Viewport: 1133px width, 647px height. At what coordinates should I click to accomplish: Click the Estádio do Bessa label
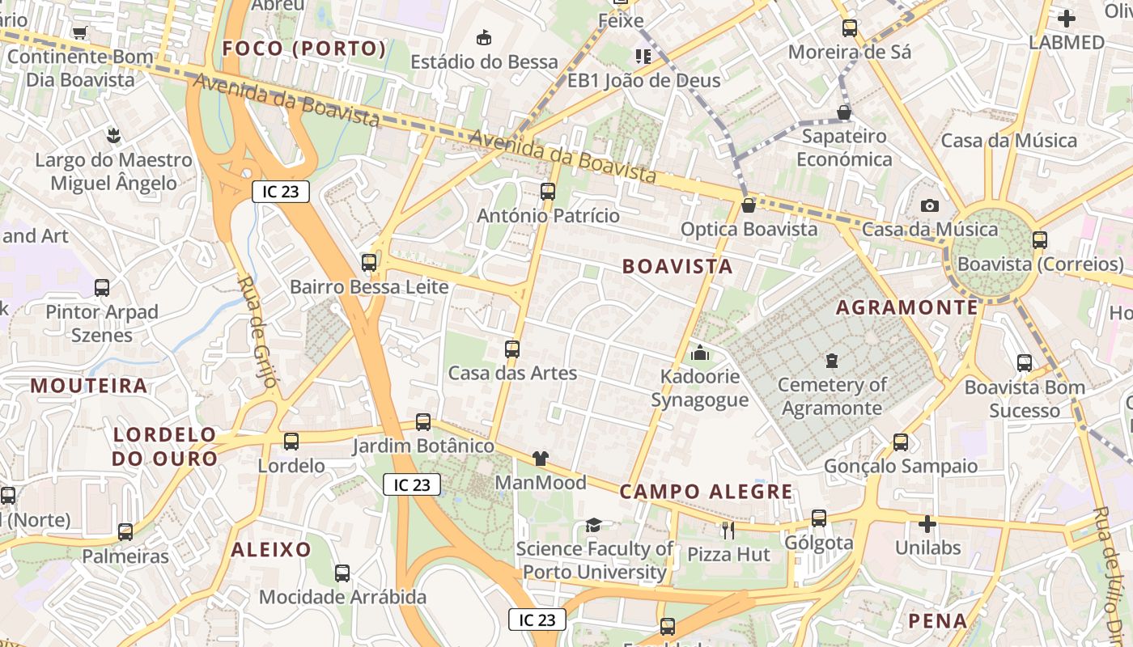pos(484,61)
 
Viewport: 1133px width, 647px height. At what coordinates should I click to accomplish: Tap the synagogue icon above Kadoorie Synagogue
pos(700,353)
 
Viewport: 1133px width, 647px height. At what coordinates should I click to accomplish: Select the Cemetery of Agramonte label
pos(832,396)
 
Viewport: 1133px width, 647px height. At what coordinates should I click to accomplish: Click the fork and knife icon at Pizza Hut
pos(728,530)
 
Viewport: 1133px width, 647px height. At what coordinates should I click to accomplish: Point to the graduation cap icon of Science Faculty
pos(594,526)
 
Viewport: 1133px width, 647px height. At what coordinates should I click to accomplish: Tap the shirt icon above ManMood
pos(541,459)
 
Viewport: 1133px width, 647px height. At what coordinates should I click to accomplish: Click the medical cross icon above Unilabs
pos(927,524)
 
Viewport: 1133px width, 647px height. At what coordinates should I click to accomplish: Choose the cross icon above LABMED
pos(1067,18)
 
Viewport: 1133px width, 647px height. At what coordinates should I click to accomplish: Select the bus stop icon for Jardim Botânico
pos(423,421)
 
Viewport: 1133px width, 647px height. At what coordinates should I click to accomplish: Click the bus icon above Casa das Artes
pos(512,349)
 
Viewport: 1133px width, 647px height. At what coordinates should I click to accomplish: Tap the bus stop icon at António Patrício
pos(548,192)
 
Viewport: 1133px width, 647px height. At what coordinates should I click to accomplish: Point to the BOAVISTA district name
pos(677,266)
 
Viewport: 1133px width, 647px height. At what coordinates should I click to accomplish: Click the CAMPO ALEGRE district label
pos(707,492)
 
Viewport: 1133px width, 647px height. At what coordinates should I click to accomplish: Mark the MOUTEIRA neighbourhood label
pos(89,386)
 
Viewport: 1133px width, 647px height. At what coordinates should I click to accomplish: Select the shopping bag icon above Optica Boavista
pos(749,205)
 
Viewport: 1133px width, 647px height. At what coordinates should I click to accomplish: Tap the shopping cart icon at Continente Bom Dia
pos(79,32)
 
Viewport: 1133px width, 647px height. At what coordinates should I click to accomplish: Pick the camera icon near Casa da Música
pos(930,205)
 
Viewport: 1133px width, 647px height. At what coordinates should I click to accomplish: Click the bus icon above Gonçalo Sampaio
pos(901,442)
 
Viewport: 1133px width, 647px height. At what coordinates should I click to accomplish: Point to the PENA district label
pos(938,621)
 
